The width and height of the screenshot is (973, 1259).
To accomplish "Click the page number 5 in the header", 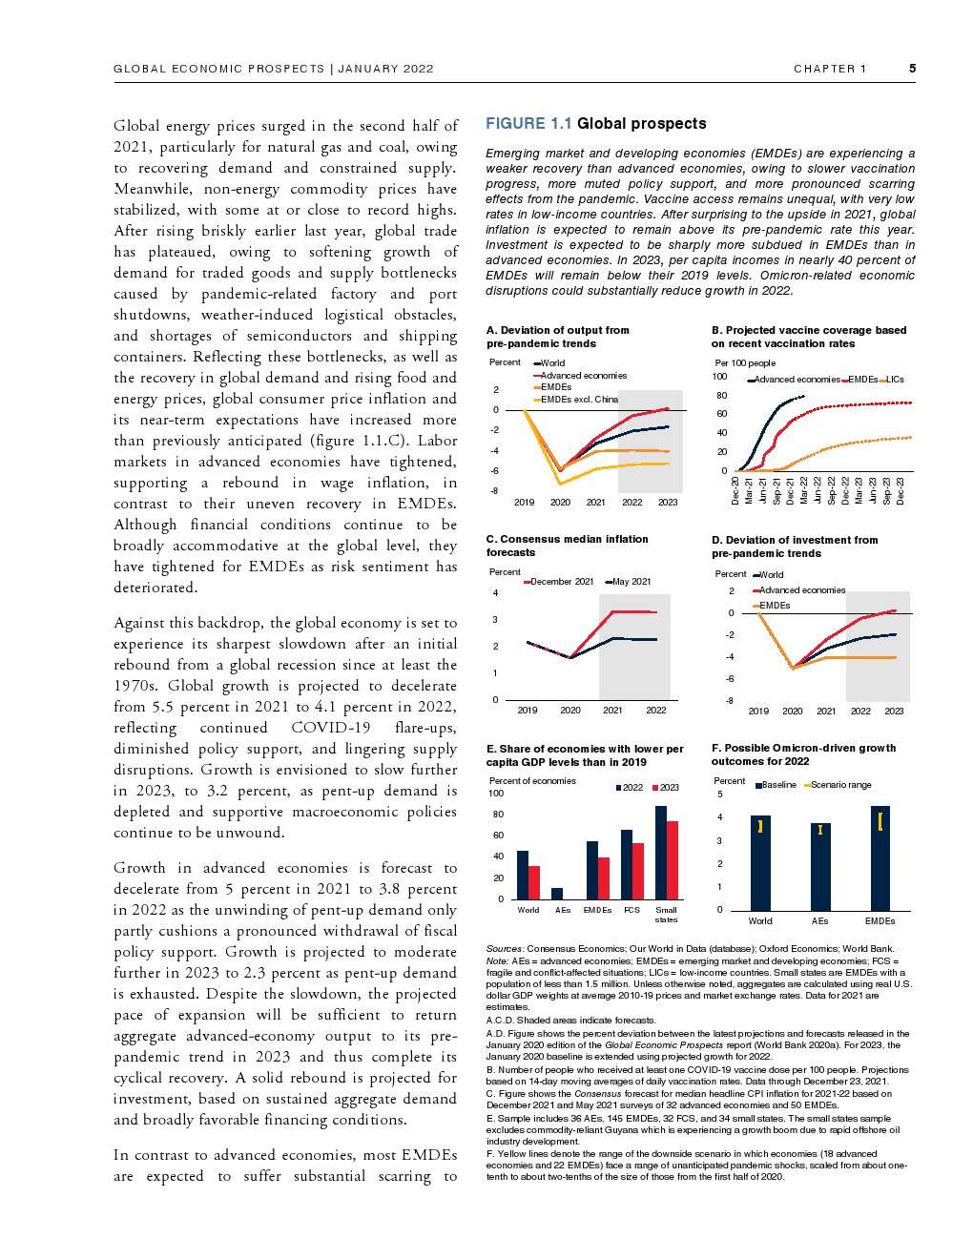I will pos(912,69).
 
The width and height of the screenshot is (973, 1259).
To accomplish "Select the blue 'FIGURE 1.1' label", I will pos(528,124).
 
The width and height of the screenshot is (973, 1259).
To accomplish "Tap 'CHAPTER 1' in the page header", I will pos(830,69).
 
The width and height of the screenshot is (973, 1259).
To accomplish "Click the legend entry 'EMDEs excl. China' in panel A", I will pos(579,400).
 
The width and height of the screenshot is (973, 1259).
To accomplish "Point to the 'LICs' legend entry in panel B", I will pos(895,380).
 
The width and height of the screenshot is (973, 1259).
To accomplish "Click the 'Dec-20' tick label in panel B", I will pos(735,490).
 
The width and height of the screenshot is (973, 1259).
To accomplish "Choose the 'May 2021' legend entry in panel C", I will pos(631,582).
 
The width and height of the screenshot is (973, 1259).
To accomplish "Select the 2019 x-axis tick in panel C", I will pos(528,711).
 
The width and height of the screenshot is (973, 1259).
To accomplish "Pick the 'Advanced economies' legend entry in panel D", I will pos(802,590).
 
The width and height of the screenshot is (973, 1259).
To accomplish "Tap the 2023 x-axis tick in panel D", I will pos(894,712).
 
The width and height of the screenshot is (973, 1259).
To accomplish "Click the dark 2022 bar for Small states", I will pos(660,853).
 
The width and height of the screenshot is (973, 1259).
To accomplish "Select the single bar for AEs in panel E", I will pos(557,894).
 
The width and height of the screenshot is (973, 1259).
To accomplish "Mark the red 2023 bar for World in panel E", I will pos(534,882).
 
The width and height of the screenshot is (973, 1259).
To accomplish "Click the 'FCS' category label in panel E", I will pos(631,910).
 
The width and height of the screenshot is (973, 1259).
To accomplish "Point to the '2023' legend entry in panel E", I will pos(669,788).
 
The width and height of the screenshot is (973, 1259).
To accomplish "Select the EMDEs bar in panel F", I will pos(880,858).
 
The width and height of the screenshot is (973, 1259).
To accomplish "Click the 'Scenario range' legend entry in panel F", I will pos(840,785).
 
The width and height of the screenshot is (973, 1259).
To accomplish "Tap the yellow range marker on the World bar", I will pos(760,827).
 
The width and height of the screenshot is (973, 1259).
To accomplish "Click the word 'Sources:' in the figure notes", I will pos(505,949).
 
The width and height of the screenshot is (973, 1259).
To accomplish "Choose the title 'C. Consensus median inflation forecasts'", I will pos(567,546).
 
